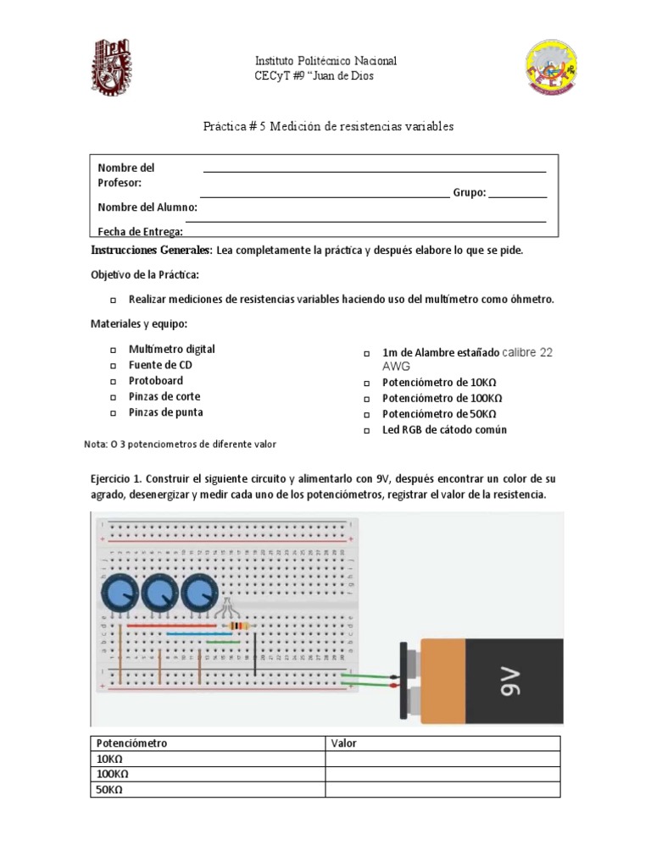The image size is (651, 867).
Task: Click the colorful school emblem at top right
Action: (551, 70)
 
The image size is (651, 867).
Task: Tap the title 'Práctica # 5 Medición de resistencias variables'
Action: (328, 126)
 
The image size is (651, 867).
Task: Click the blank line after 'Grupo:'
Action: (518, 194)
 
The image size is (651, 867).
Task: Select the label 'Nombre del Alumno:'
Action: (147, 207)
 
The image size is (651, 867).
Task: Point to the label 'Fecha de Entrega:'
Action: (140, 231)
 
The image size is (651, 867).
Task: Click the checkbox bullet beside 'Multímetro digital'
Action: (113, 350)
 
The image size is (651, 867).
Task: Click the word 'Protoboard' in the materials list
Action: (157, 381)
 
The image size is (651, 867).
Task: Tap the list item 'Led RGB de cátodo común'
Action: (444, 430)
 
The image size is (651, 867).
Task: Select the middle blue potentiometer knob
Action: (158, 593)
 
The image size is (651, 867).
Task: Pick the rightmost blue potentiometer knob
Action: (198, 593)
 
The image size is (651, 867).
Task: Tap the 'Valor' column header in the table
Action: (343, 743)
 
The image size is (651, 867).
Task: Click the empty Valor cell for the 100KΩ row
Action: (443, 774)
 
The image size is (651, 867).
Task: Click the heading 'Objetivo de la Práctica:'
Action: (145, 276)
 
